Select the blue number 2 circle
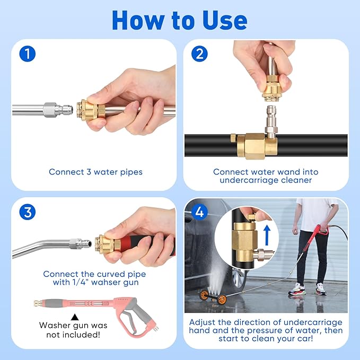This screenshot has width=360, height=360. (x=199, y=54)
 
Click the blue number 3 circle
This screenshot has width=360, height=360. (x=27, y=212)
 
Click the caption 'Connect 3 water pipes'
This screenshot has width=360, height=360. (x=95, y=172)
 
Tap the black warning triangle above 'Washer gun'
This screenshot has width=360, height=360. (x=75, y=316)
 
